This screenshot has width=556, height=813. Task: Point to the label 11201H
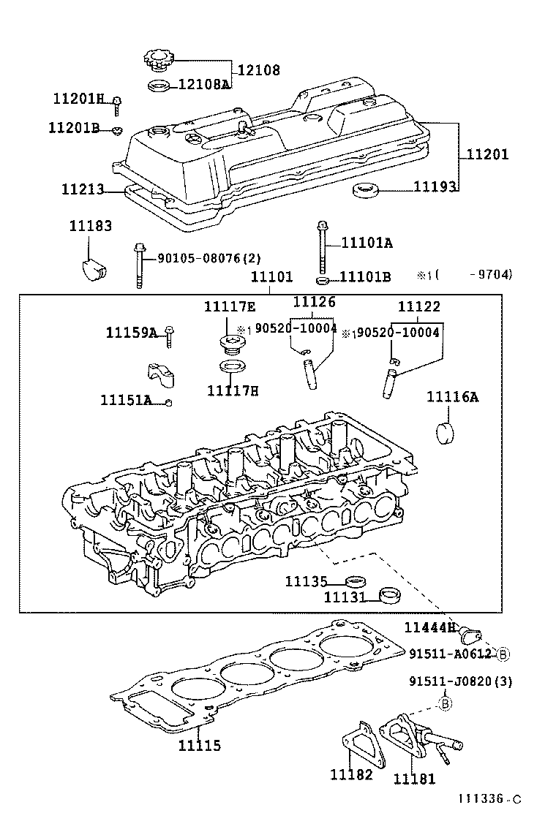(79, 99)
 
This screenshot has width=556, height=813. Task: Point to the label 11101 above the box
(271, 277)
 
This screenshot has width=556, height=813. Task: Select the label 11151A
(126, 400)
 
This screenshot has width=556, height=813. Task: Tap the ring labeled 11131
(391, 597)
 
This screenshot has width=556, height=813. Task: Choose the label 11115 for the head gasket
(200, 746)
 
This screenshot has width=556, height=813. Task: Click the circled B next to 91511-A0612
(504, 653)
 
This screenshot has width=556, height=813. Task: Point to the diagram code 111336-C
(490, 800)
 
